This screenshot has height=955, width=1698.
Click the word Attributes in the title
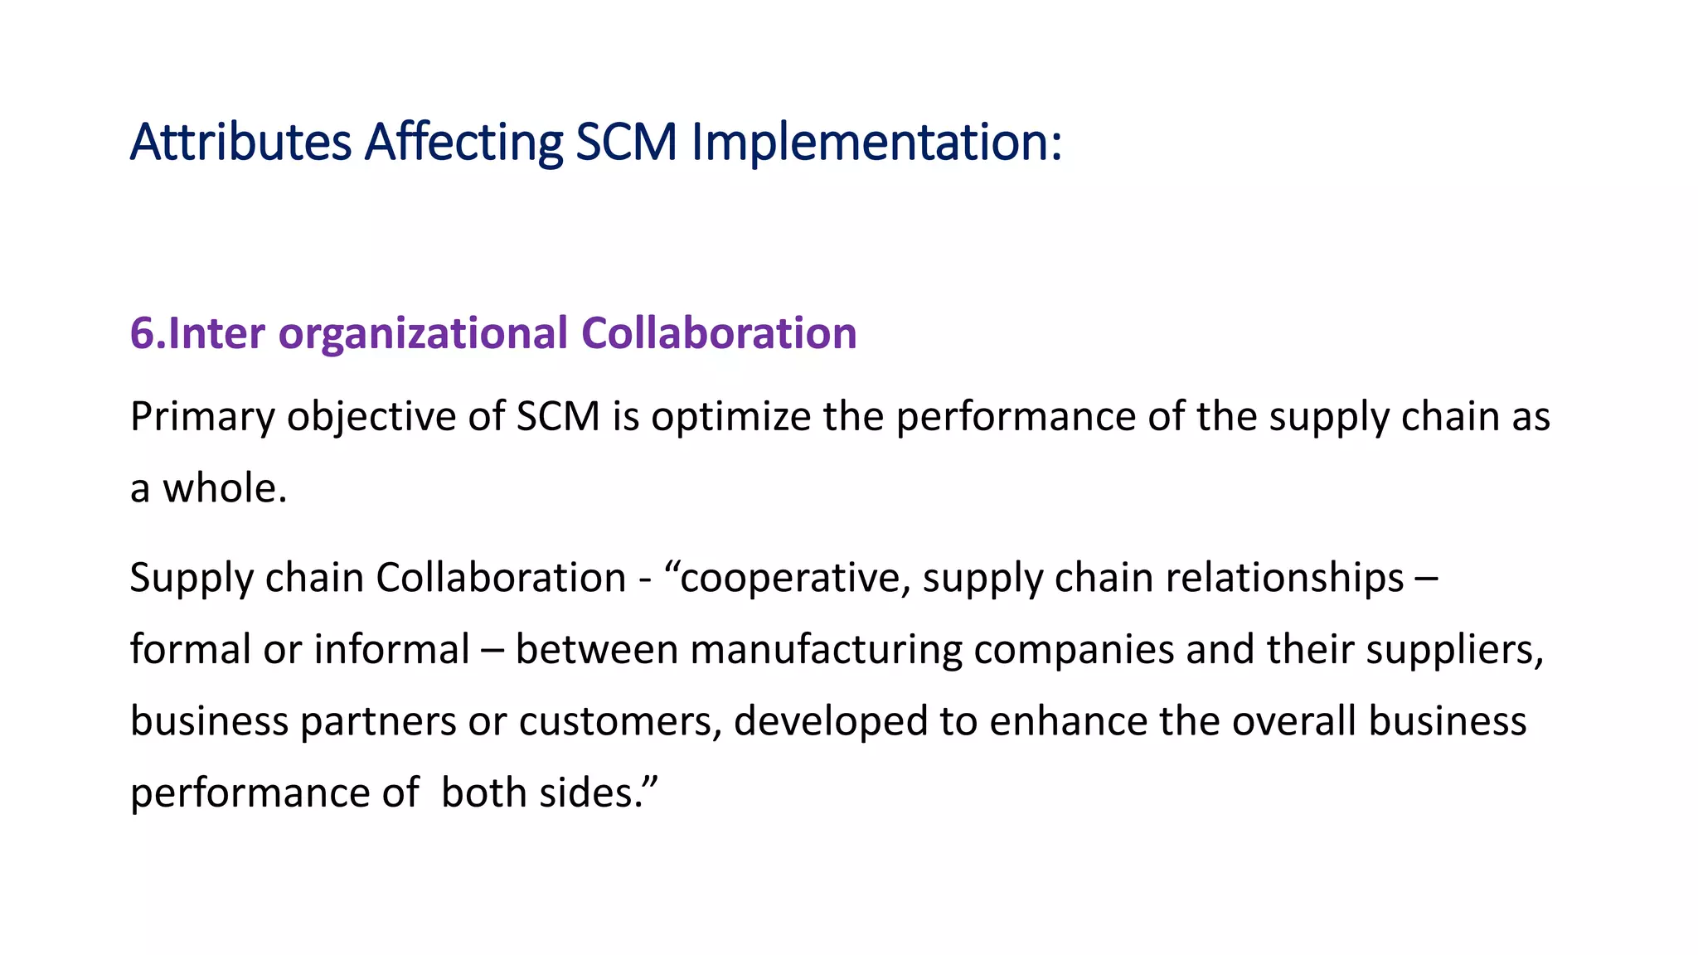pyautogui.click(x=240, y=142)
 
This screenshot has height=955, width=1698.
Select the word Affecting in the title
pyautogui.click(x=463, y=142)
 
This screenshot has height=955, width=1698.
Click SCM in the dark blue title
pyautogui.click(x=627, y=142)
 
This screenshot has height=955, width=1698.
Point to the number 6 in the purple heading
pyautogui.click(x=142, y=333)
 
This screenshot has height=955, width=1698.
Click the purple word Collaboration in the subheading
pyautogui.click(x=719, y=333)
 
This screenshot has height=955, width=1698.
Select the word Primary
pyautogui.click(x=202, y=416)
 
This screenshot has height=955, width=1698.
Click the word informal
pyautogui.click(x=392, y=649)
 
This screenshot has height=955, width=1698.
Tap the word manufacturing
pyautogui.click(x=826, y=649)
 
